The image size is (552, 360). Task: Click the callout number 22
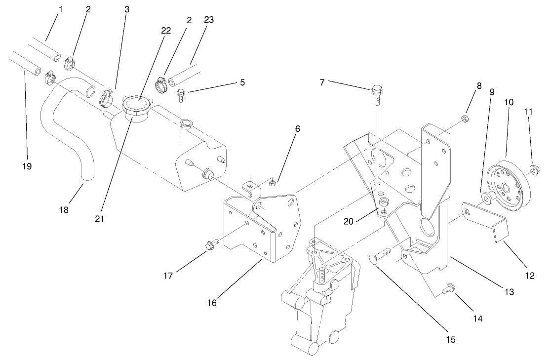coord(166,31)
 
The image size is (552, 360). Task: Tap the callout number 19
coord(27,166)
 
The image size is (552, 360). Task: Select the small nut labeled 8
coord(465,118)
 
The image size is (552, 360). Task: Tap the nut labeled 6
coord(272,184)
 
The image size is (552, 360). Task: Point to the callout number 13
coord(508,292)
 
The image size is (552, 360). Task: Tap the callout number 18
coord(63,209)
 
